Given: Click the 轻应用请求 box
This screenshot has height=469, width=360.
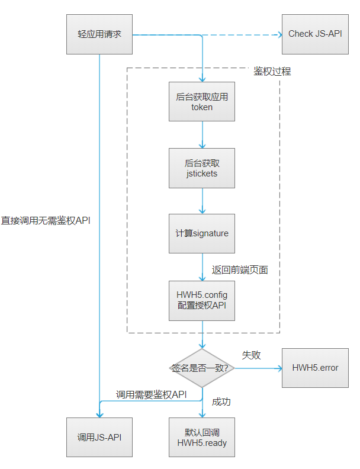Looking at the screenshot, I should pyautogui.click(x=99, y=34).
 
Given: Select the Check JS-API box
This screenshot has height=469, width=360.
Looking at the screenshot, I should pyautogui.click(x=314, y=34).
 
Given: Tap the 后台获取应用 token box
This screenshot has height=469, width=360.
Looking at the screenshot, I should pyautogui.click(x=202, y=102).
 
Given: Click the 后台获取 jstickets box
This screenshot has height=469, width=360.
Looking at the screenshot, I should pyautogui.click(x=202, y=168).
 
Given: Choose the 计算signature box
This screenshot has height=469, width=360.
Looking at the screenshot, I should pyautogui.click(x=202, y=233).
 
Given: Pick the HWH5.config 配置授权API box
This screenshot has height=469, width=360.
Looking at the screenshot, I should pyautogui.click(x=202, y=300).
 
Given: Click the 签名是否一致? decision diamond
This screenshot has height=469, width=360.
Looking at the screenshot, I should pyautogui.click(x=202, y=368).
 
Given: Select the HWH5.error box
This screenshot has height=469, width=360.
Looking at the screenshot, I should pyautogui.click(x=315, y=368).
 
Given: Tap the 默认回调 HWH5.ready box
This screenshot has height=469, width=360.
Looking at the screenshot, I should pyautogui.click(x=202, y=437).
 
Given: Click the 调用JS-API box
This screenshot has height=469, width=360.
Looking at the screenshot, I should pyautogui.click(x=99, y=437).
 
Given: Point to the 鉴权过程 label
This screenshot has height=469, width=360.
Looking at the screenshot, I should pyautogui.click(x=272, y=72).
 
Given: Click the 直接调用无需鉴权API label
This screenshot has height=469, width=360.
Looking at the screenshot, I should pyautogui.click(x=46, y=220).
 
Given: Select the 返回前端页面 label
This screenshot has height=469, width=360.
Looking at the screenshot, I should pyautogui.click(x=240, y=270).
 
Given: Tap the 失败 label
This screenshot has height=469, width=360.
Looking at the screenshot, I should pyautogui.click(x=251, y=355).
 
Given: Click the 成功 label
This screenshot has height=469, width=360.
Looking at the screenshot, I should pyautogui.click(x=221, y=401).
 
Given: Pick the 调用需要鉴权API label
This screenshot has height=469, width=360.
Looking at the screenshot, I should pyautogui.click(x=151, y=394).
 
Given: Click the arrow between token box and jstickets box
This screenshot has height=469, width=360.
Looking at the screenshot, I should pyautogui.click(x=202, y=135).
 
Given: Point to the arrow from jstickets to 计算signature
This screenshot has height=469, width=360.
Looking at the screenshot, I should pyautogui.click(x=202, y=201).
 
